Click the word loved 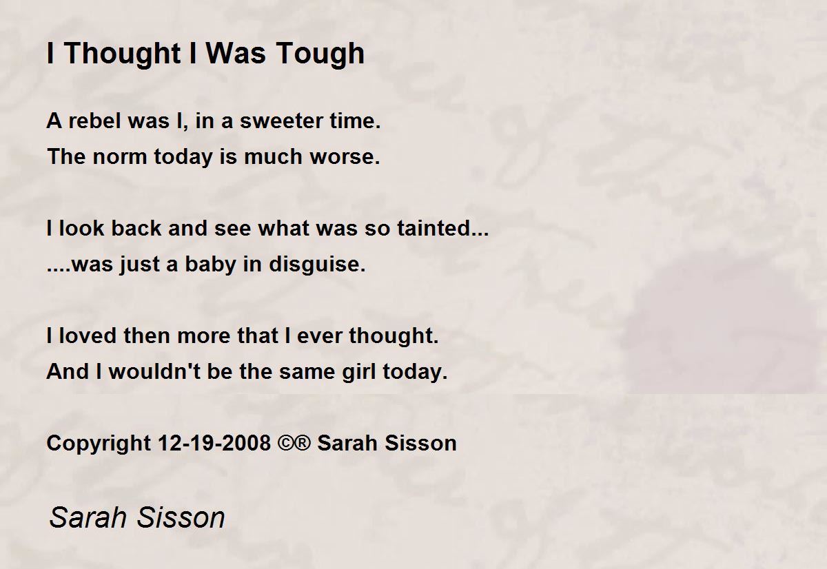(x=88, y=336)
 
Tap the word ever (x=320, y=336)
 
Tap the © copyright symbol (x=286, y=443)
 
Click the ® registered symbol (x=303, y=443)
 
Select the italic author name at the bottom (x=137, y=517)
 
